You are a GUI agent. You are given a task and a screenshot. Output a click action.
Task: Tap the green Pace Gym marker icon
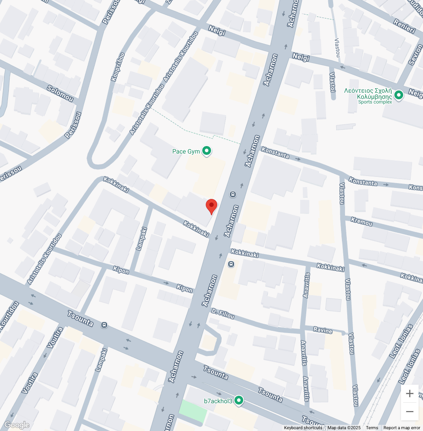click(206, 151)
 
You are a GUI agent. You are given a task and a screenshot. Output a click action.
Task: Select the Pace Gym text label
click(186, 151)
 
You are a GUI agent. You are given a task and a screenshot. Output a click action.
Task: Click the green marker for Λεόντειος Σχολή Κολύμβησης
click(399, 95)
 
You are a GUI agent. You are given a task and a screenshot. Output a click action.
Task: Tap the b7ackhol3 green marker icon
click(238, 401)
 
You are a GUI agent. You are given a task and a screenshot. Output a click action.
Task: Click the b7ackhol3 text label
click(218, 401)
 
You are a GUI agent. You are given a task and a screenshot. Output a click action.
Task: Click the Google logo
click(17, 425)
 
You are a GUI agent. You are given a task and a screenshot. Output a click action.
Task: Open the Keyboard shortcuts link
click(303, 427)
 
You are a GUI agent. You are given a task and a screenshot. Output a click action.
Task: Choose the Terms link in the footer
click(372, 427)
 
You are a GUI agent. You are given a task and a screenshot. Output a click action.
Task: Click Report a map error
click(402, 427)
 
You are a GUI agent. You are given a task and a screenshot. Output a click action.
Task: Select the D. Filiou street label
click(222, 314)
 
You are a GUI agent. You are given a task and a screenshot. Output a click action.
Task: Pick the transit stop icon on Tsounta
click(104, 325)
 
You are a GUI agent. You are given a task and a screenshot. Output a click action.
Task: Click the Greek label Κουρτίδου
click(118, 67)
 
